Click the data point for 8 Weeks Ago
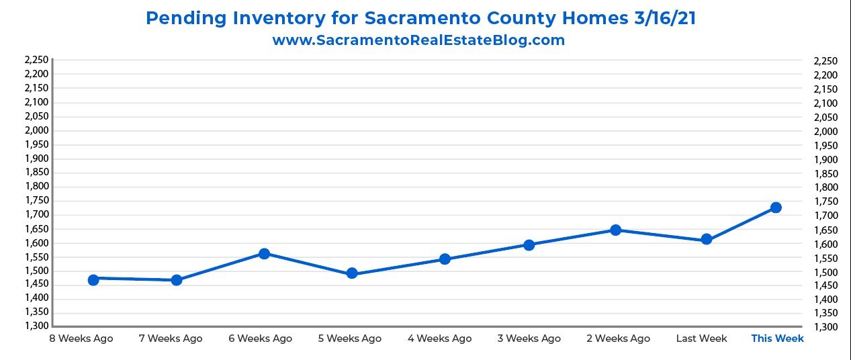point(93,279)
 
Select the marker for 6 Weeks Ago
point(264,254)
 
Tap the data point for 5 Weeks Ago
point(351,273)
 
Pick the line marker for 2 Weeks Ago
point(615,230)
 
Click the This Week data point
point(776,208)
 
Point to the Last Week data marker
point(706,239)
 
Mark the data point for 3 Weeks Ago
point(529,244)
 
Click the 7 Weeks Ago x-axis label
point(171,339)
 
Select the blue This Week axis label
point(777,339)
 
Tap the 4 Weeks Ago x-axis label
point(439,339)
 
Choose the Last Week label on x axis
point(701,339)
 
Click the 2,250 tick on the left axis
point(36,60)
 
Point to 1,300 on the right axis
point(825,327)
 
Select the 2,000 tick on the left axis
point(36,130)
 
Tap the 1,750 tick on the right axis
point(825,201)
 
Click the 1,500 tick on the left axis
point(36,271)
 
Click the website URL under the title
point(418,40)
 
